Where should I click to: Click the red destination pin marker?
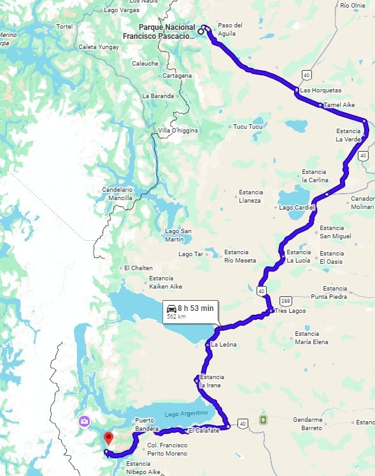108,438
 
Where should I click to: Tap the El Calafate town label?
204,431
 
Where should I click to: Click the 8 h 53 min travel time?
195,308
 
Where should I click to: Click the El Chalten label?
138,268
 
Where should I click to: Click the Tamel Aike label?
339,105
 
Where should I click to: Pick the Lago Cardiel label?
295,208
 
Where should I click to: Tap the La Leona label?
223,345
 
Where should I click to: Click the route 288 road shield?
285,301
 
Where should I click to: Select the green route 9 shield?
262,420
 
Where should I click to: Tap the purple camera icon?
84,422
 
